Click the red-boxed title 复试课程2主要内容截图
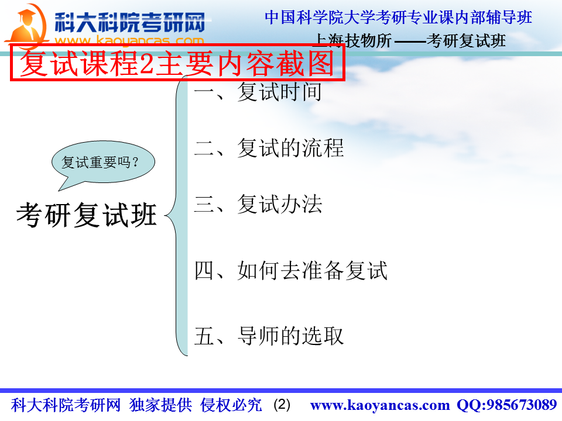pos(177,63)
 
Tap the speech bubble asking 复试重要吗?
pos(103,164)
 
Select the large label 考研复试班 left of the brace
pos(87,215)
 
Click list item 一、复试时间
pos(258,92)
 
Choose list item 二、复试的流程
pos(269,148)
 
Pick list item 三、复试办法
pos(258,204)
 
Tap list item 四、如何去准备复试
pos(291,270)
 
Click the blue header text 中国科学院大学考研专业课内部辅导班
pos(398,18)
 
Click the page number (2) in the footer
pos(282,405)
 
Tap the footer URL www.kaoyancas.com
pos(380,405)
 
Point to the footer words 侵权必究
pos(231,405)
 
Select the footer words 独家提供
pos(160,405)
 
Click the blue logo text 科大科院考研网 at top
pos(130,22)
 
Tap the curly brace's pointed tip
pos(165,216)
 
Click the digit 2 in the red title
pos(146,64)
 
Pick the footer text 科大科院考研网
pos(66,405)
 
